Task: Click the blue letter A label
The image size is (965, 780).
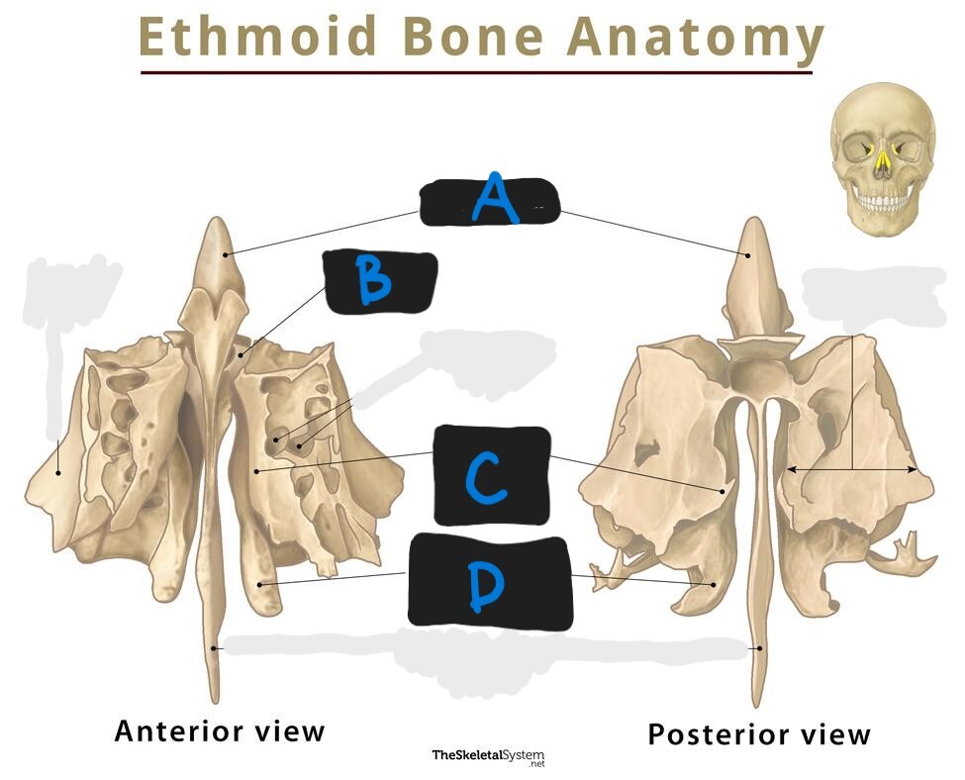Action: click(x=493, y=200)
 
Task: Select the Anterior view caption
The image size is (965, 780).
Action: click(x=220, y=731)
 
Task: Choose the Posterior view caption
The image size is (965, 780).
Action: click(x=759, y=734)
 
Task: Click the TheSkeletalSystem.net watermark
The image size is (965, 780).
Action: click(x=488, y=758)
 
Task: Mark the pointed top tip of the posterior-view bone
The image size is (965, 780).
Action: click(x=755, y=221)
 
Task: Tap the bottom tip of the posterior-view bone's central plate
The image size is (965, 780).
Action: click(x=760, y=704)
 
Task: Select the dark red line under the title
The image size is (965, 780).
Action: click(x=476, y=71)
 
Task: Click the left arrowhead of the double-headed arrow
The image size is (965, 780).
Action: click(x=789, y=468)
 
